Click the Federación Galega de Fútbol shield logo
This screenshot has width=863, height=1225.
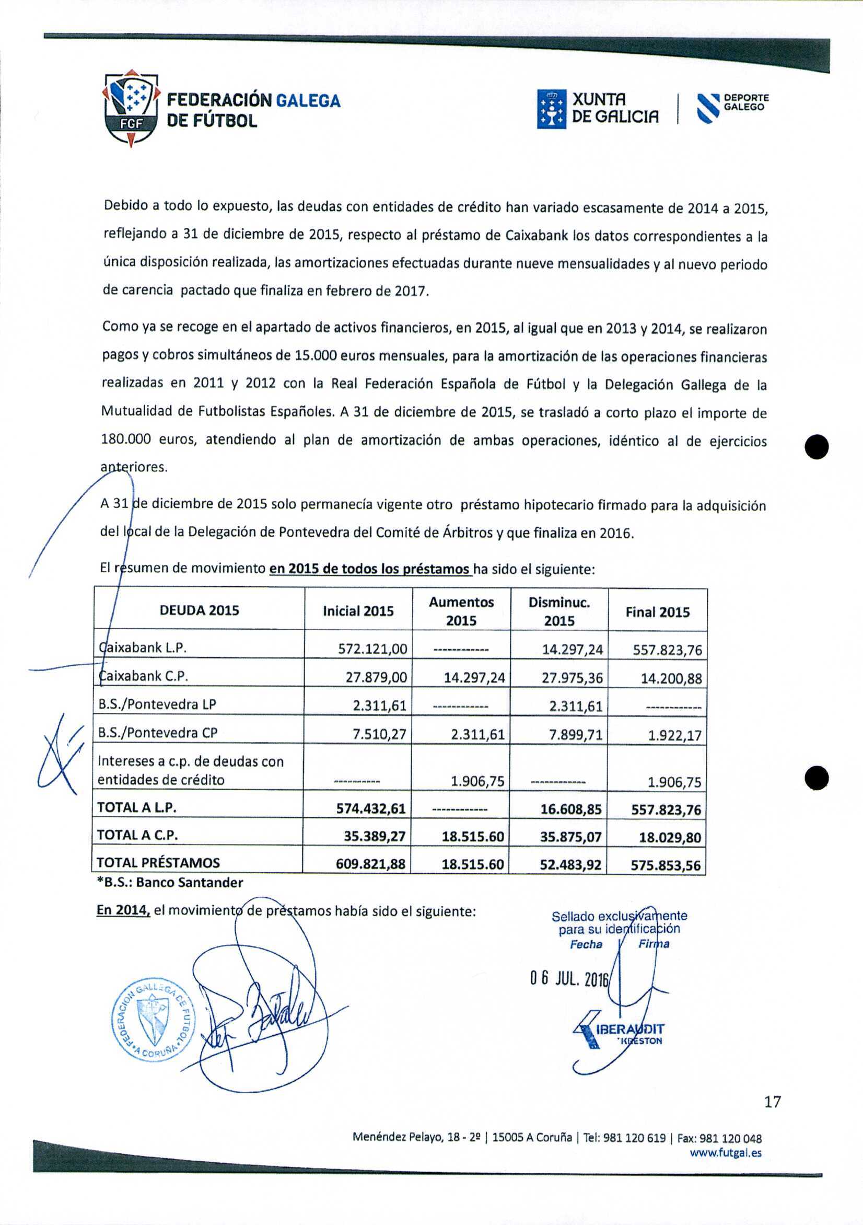pos(131,108)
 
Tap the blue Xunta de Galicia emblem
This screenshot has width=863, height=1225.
pos(551,109)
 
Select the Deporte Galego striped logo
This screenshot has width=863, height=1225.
pos(709,108)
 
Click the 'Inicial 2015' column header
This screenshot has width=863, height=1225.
pos(358,611)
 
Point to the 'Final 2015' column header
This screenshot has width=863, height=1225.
pos(657,612)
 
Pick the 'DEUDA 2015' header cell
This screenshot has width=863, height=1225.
pos(199,610)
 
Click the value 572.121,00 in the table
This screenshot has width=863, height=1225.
pos(372,649)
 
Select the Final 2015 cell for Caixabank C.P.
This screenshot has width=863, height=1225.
pos(671,679)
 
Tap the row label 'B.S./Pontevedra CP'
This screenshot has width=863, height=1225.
pos(158,733)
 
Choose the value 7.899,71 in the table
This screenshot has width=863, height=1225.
pos(576,735)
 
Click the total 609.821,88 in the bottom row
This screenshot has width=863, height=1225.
pos(370,864)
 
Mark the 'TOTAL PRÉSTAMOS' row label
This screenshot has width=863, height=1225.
pos(158,863)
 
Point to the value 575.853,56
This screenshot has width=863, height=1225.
pos(665,865)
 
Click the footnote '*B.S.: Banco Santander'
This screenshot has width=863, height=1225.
pos(170,882)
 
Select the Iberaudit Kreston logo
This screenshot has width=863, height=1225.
pos(619,1031)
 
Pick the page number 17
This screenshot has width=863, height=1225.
pos(772,1101)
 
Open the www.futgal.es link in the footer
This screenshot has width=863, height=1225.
pos(726,1152)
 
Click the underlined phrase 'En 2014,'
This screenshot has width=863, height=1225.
pos(123,910)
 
